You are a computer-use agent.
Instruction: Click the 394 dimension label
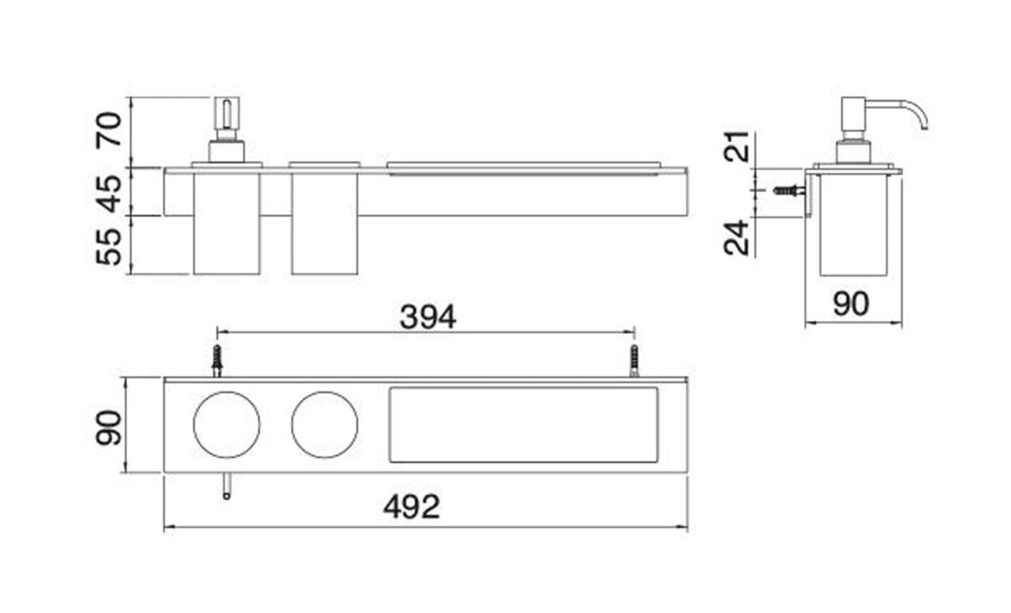[x=428, y=317]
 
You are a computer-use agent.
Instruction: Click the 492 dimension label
[x=412, y=506]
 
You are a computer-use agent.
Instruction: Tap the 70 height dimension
[x=109, y=129]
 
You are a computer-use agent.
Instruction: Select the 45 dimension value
[x=109, y=194]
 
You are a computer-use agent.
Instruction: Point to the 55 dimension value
[x=109, y=246]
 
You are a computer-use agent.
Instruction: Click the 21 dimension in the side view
[x=736, y=147]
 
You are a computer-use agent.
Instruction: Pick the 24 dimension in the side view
[x=736, y=238]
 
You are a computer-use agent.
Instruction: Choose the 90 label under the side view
[x=851, y=303]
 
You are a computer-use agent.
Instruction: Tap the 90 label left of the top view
[x=109, y=427]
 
